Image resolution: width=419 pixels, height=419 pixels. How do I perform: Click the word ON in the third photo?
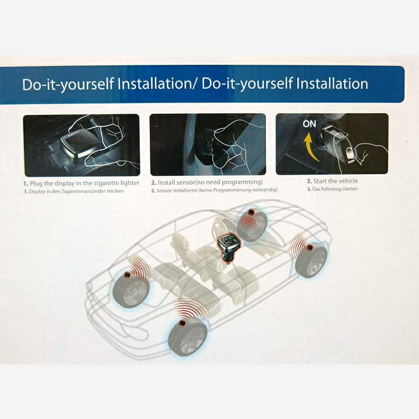(309, 124)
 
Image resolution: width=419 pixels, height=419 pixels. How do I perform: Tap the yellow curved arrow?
(310, 147)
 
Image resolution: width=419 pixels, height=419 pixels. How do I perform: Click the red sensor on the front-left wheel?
(182, 323)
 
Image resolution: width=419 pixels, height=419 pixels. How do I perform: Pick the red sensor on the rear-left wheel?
(127, 274)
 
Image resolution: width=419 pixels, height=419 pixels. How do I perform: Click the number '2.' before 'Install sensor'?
(153, 182)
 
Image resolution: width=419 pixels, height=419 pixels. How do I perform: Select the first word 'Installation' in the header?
(153, 84)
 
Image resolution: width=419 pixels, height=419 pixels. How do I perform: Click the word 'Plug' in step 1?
(36, 184)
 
